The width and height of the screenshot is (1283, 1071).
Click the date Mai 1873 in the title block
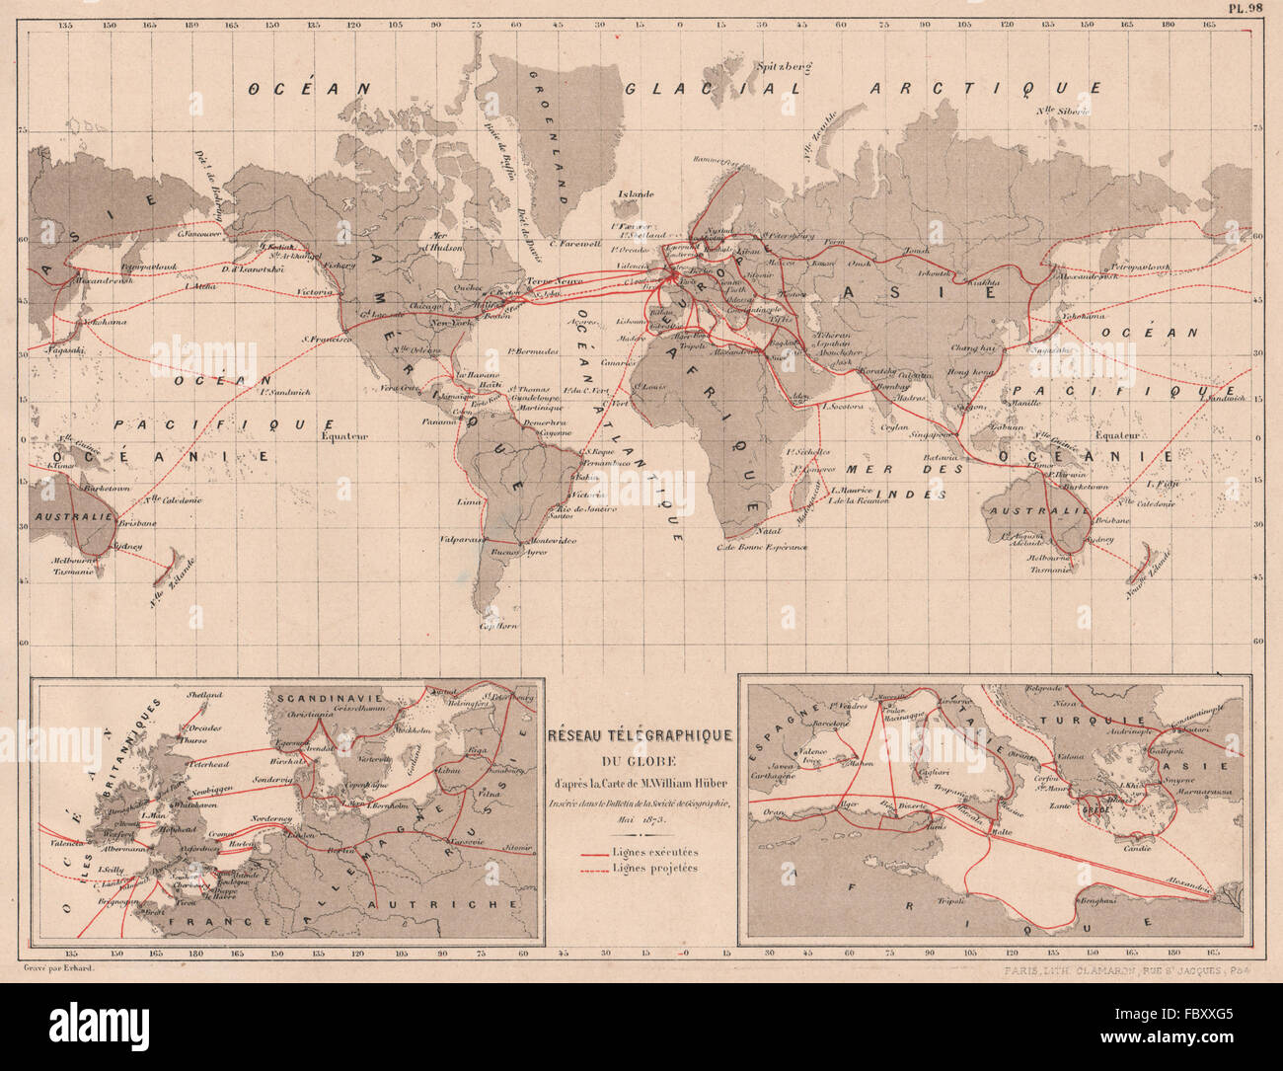643,819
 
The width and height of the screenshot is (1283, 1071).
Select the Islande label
636,194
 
